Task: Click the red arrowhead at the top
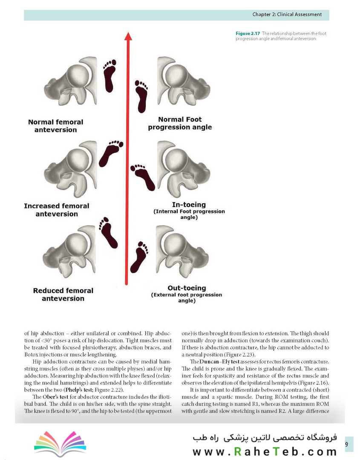[x=127, y=36]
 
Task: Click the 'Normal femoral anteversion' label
[x=56, y=126]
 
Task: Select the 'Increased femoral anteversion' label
[x=57, y=210]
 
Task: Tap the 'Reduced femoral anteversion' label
[x=63, y=295]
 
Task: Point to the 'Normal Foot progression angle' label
[x=180, y=123]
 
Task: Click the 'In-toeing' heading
[x=189, y=205]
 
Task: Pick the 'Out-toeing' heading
[x=187, y=288]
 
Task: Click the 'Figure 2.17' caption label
[x=248, y=33]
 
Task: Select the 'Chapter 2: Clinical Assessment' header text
[x=287, y=14]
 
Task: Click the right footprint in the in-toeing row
[x=143, y=176]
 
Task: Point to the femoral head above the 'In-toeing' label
[x=176, y=159]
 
